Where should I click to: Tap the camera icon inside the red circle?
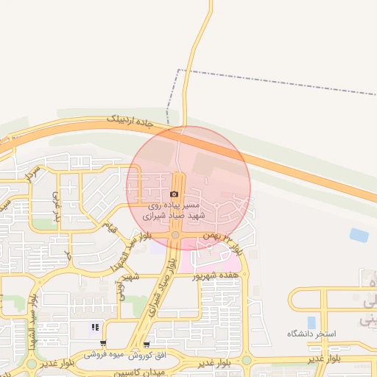(x=174, y=194)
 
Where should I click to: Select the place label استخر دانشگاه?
(x=311, y=334)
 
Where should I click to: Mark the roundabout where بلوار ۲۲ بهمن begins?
(x=176, y=235)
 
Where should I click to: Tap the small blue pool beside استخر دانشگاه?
(x=311, y=322)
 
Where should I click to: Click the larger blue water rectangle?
(x=359, y=235)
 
